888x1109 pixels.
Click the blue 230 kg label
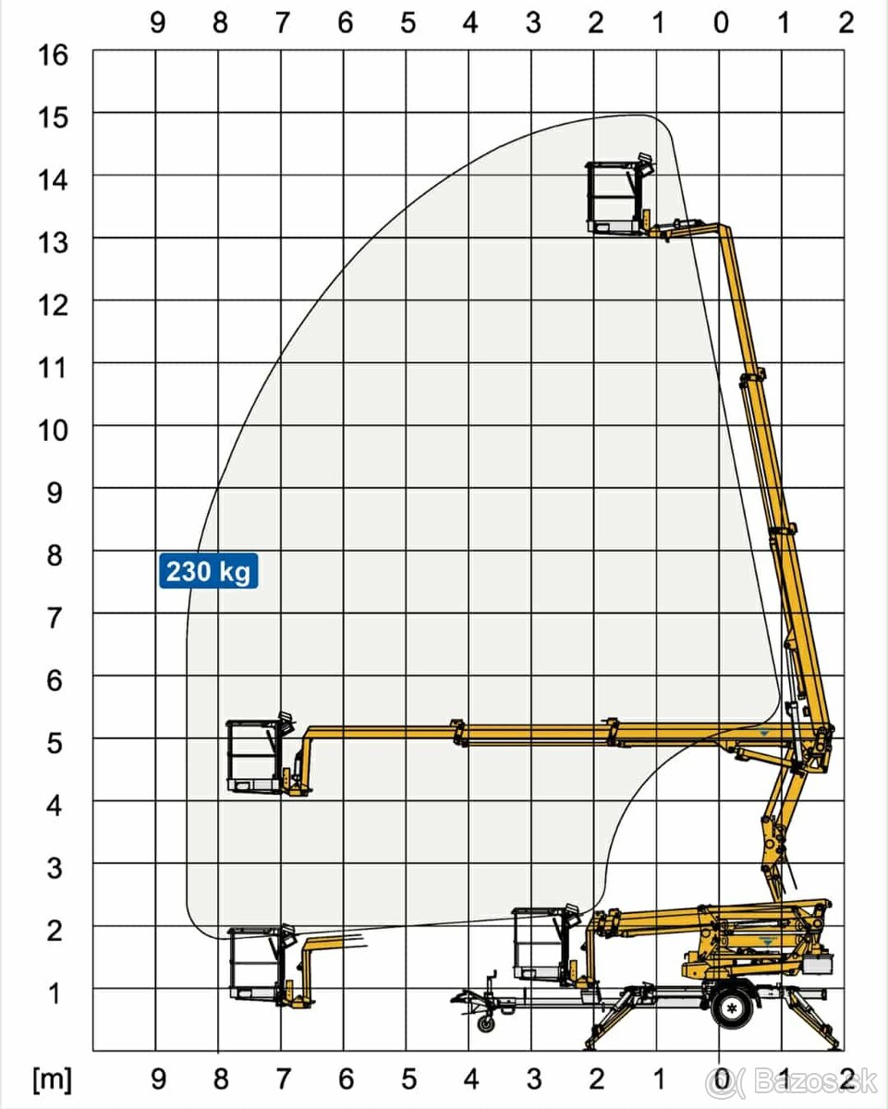pos(208,571)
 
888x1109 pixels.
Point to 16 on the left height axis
pos(53,55)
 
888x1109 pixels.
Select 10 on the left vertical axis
pos(53,431)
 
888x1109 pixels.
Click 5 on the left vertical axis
pos(55,744)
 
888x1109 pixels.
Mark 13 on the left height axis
pos(53,243)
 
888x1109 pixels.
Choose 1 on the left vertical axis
pos(55,994)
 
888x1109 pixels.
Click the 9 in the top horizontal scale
pos(158,23)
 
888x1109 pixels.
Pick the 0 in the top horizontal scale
pos(721,23)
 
